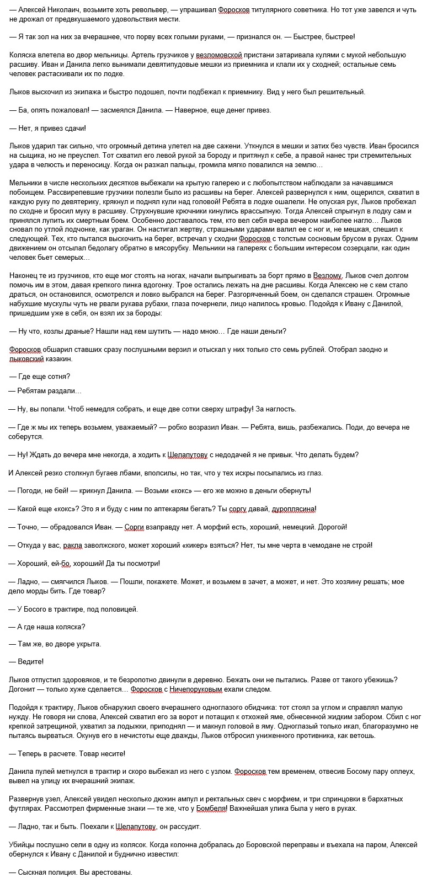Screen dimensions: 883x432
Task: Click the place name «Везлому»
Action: point(328,275)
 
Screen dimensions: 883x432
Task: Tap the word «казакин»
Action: point(57,358)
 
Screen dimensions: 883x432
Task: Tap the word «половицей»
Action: point(117,608)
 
